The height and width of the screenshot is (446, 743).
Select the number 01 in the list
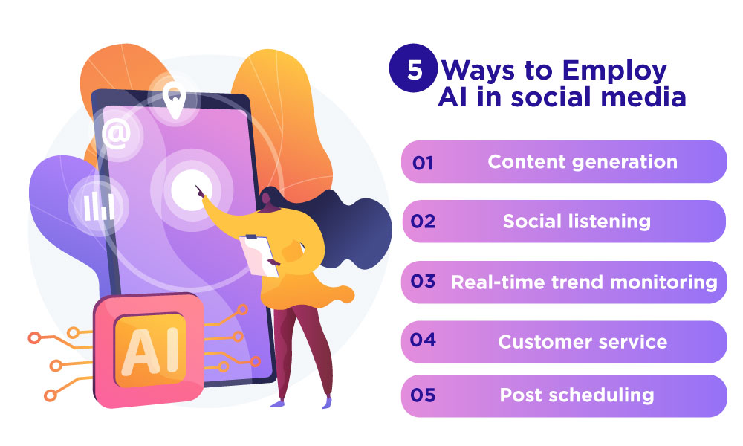coord(422,162)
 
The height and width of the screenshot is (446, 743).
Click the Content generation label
coord(583,161)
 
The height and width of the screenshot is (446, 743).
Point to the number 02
coord(423,222)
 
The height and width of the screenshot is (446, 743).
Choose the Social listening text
coord(577,222)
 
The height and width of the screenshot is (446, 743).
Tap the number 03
coord(423,282)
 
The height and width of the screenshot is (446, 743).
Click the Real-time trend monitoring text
coord(584,282)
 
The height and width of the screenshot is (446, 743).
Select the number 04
coord(423,341)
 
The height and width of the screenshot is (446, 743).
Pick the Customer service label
coord(583,342)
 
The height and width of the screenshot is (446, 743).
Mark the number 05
coord(423,395)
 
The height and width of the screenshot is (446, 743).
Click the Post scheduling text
coord(577,395)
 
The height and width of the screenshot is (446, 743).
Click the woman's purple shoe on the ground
coord(278,404)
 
